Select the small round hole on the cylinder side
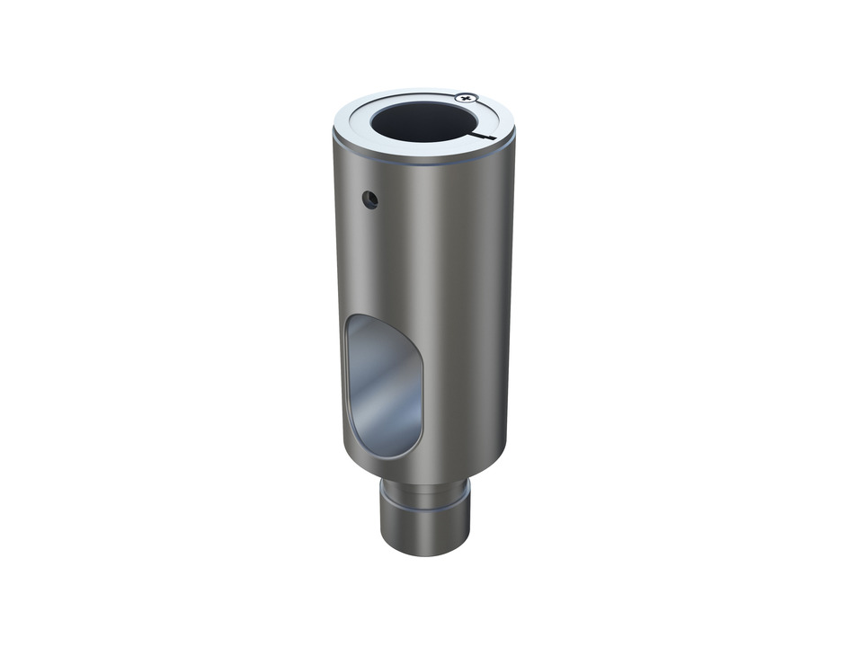(x=369, y=199)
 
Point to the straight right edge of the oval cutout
(x=421, y=395)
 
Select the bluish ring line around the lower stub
(x=425, y=509)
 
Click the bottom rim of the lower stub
(x=425, y=550)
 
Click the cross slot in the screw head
(x=466, y=97)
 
